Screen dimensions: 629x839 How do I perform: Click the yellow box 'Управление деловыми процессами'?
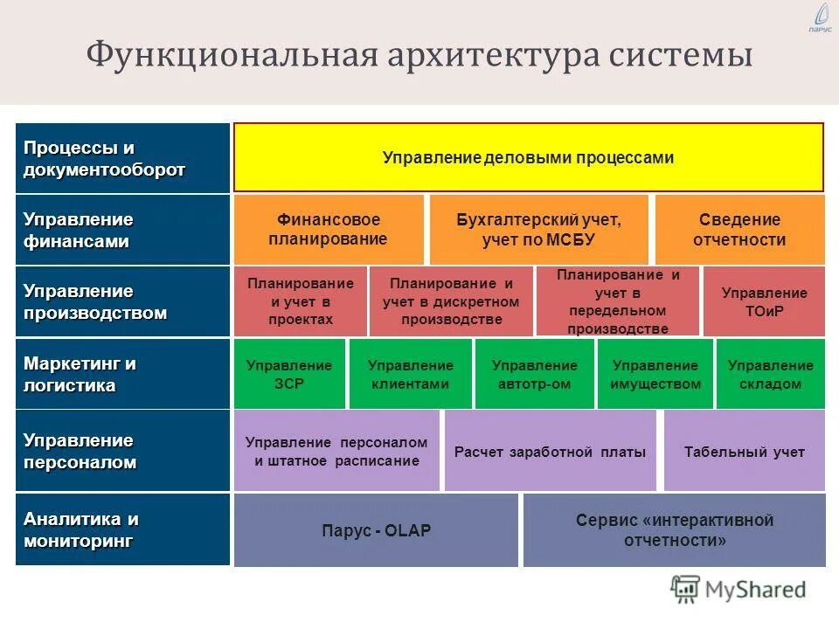coord(528,157)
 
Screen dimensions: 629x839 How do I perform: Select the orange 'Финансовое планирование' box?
coord(329,230)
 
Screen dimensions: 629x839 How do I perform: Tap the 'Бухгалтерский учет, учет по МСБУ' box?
coord(538,230)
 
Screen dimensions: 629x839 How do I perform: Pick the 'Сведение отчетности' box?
coord(739,230)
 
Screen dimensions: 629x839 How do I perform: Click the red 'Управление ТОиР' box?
coord(764,301)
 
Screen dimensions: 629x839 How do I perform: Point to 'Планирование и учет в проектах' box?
coord(301,301)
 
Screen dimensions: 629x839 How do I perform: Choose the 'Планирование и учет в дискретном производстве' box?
coord(451,301)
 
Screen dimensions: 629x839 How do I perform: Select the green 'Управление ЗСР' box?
coord(289,374)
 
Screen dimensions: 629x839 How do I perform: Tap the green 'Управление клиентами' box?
coord(410,374)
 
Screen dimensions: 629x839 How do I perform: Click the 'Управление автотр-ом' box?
coord(534,374)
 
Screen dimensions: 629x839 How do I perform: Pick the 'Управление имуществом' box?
coord(655,374)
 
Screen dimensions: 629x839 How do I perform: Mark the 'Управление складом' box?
coord(770,374)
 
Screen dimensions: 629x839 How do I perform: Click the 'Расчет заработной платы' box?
coord(550,452)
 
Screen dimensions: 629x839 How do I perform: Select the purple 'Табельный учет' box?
coord(744,452)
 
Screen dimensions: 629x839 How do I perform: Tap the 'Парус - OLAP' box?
coord(376,530)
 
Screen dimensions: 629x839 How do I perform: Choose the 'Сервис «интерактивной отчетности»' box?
coord(674,530)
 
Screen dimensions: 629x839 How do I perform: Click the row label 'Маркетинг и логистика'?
coord(122,374)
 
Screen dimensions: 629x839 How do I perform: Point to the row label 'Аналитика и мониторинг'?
coord(122,529)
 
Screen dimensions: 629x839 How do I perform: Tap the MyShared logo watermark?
coord(738,590)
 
